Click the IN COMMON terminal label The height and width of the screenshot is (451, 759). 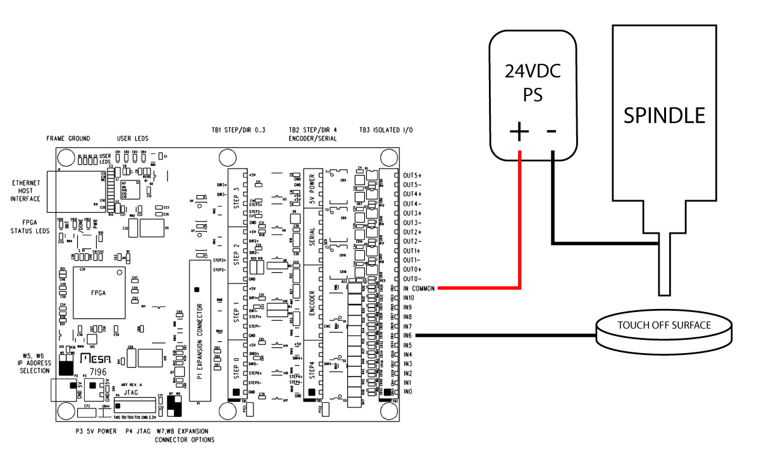click(x=417, y=288)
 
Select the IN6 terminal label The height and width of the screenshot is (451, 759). click(x=408, y=335)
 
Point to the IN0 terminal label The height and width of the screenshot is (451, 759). click(x=408, y=392)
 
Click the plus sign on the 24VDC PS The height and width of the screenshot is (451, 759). click(x=519, y=131)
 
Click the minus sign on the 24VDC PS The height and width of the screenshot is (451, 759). click(x=552, y=131)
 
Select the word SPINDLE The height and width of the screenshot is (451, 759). click(x=663, y=115)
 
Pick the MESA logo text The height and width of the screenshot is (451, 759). click(x=96, y=360)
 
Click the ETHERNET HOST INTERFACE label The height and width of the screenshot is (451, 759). click(x=26, y=191)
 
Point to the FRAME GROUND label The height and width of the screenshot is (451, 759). click(x=68, y=138)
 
